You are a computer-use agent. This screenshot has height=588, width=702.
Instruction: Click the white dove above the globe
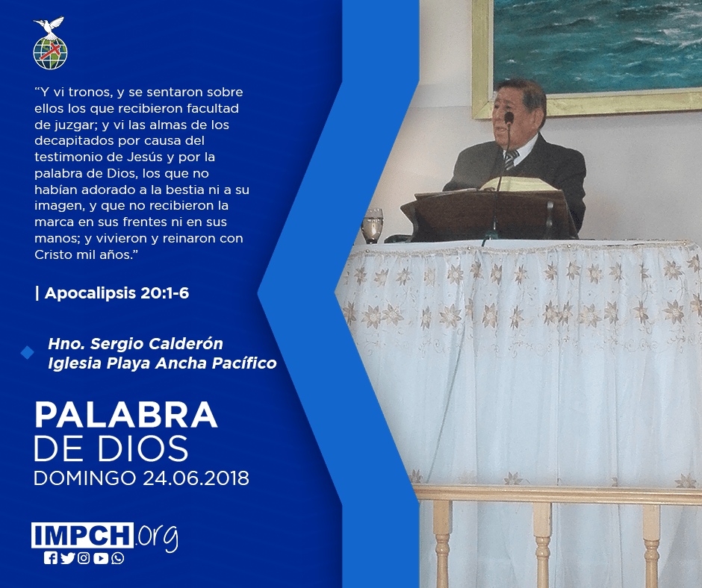coord(49,26)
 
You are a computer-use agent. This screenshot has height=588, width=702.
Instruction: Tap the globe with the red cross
coord(50,53)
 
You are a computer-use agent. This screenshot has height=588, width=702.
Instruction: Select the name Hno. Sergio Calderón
coord(135,344)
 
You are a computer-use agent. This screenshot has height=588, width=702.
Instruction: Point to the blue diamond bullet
coord(28,353)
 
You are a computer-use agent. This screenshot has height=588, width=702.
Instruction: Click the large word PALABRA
coord(125,416)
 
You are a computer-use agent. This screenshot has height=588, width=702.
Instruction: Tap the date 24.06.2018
coord(196,478)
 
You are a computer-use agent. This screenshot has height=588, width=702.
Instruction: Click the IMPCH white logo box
coord(82,535)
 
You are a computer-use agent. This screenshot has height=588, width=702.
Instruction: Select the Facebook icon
coord(51,558)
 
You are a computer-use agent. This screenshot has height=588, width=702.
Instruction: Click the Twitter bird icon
coord(68,558)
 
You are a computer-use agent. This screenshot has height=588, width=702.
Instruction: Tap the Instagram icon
coord(84,558)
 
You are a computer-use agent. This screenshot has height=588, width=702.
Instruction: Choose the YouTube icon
coord(101,558)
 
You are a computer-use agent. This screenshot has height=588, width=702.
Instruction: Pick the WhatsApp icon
coord(118,558)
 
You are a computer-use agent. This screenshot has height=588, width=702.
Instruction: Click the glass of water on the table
coord(373,225)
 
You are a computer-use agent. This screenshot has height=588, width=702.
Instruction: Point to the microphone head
coord(509,118)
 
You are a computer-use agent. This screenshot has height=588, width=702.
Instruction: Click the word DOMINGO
coord(85,478)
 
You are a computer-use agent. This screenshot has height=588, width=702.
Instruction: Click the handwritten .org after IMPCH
coord(157,537)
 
